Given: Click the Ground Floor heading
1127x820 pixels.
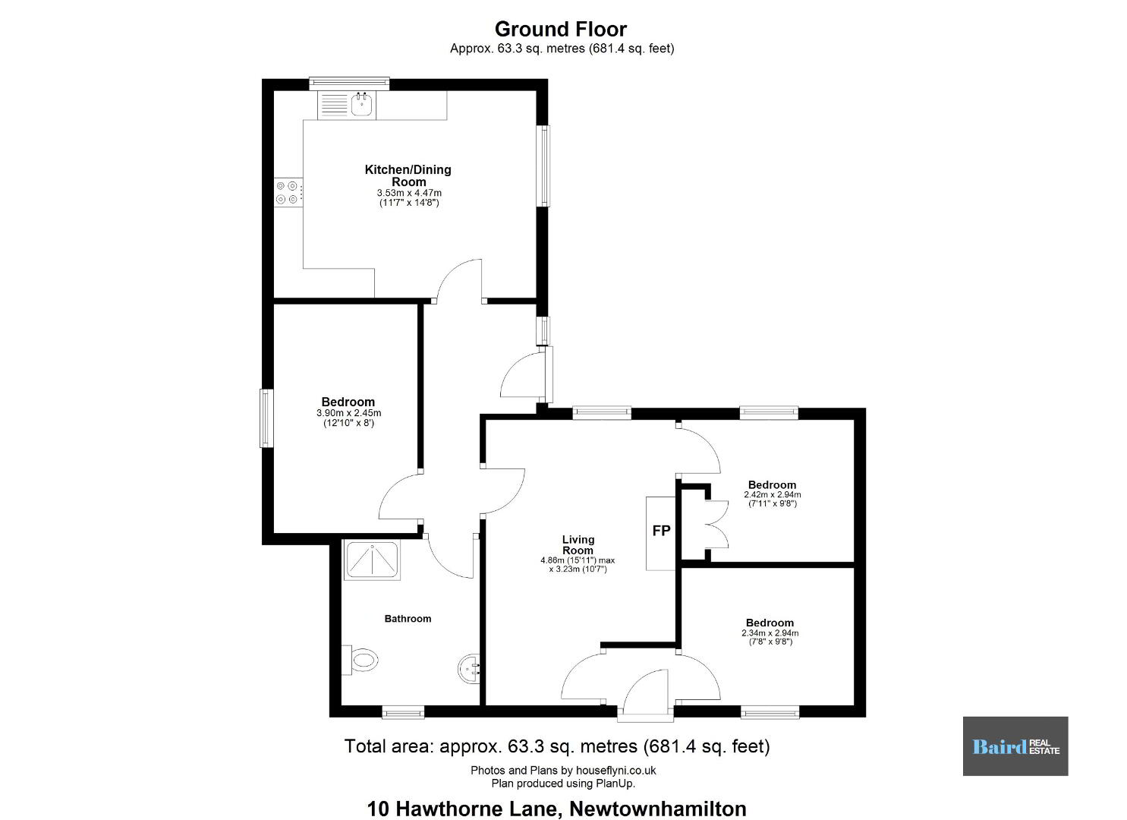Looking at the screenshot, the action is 561,29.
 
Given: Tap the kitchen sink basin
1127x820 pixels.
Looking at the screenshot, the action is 361,105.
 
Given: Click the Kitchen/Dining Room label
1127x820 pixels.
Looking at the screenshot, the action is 408,175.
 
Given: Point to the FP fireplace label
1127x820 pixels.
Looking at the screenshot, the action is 661,531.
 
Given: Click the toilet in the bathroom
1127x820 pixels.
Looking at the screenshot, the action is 360,660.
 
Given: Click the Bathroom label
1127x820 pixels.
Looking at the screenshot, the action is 408,619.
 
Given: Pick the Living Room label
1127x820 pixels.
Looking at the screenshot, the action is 578,544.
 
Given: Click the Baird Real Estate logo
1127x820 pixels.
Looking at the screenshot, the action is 1015,746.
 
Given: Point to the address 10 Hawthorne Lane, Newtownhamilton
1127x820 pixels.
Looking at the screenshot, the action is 556,809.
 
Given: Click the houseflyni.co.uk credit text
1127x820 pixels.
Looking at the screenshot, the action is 563,770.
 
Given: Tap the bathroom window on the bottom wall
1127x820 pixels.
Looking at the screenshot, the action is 403,712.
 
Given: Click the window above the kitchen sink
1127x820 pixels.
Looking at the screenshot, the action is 349,84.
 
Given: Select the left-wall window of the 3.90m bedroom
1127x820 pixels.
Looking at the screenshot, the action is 266,418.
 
